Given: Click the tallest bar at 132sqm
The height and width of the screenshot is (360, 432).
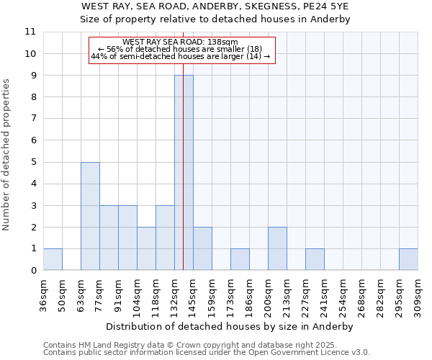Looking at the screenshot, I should pos(184,173).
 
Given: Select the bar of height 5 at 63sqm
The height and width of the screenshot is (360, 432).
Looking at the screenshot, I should pos(90,216).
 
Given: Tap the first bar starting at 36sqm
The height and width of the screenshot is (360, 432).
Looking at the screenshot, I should pos(53,259).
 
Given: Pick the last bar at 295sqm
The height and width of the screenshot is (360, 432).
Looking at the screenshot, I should pos(408,259).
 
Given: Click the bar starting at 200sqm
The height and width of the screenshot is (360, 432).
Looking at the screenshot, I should pos(277,248).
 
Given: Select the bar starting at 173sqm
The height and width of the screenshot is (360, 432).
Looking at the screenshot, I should pos(240,259).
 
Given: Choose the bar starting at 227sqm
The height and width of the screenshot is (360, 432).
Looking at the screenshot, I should pos(315,259).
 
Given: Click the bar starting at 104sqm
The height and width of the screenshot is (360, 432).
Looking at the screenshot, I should pos(146,248).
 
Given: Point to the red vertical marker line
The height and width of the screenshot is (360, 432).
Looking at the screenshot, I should pos(184,144).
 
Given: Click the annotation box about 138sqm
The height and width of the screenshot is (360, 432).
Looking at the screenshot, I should pos(181,50).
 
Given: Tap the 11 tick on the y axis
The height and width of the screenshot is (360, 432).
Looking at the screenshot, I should pos(30,32).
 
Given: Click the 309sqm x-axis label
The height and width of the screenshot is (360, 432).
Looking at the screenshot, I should pos(418,294).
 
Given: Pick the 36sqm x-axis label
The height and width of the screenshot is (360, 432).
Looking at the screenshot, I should pos(43,294).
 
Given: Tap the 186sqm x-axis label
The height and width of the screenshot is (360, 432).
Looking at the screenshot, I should pos(249,294).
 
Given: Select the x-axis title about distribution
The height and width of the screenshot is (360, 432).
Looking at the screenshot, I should pos(230,326).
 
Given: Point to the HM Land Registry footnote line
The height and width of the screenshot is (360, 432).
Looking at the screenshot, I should pos(205,345).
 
